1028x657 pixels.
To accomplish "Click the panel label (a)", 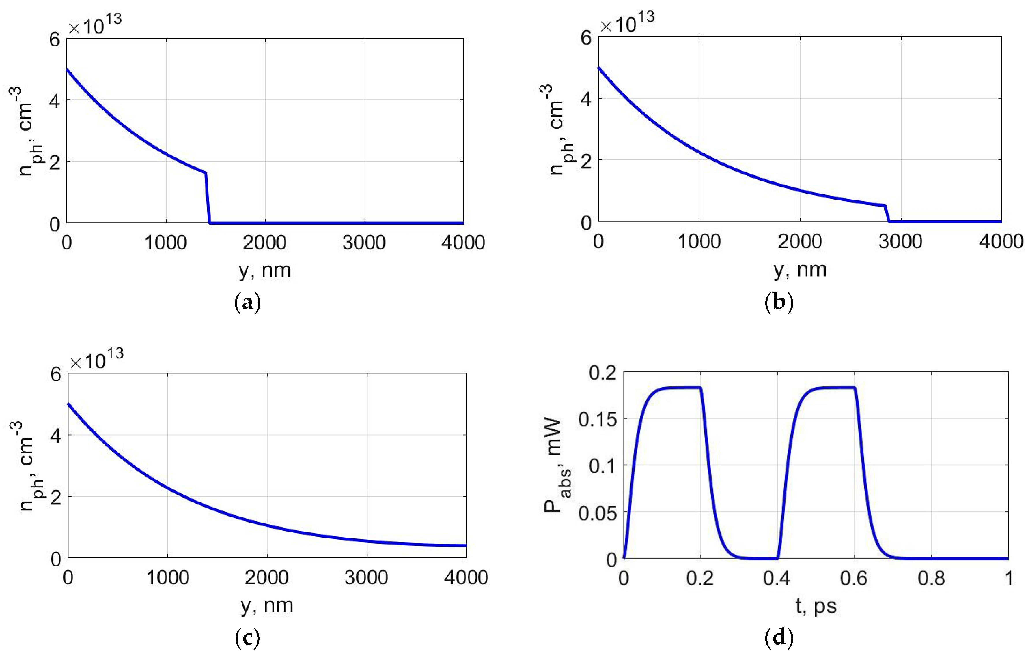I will (x=248, y=303).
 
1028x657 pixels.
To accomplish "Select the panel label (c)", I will (x=248, y=638).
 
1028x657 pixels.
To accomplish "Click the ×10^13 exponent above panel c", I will (x=97, y=360).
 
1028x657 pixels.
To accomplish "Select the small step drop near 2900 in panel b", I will (x=887, y=214).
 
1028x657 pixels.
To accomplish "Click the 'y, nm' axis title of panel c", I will (x=267, y=605).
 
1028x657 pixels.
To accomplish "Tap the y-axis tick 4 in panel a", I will (x=55, y=100).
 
